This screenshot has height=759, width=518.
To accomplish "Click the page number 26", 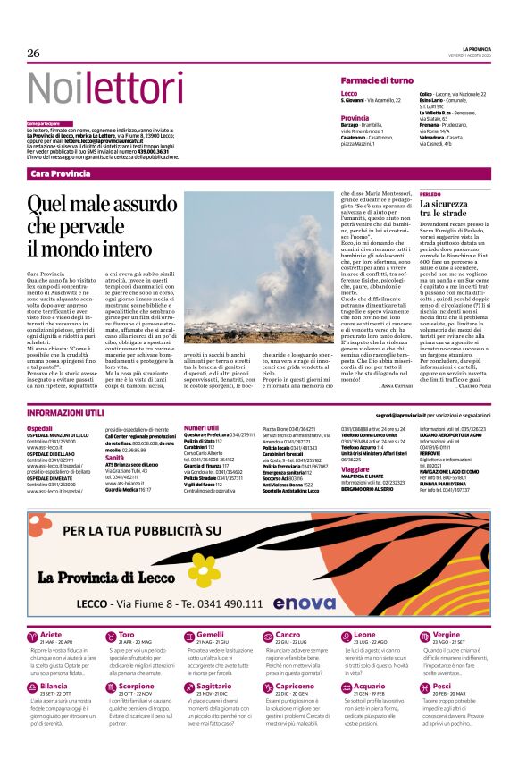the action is (x=34, y=53).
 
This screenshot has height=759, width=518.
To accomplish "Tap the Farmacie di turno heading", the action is (x=377, y=81).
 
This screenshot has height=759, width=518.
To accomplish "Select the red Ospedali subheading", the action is (x=39, y=428).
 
